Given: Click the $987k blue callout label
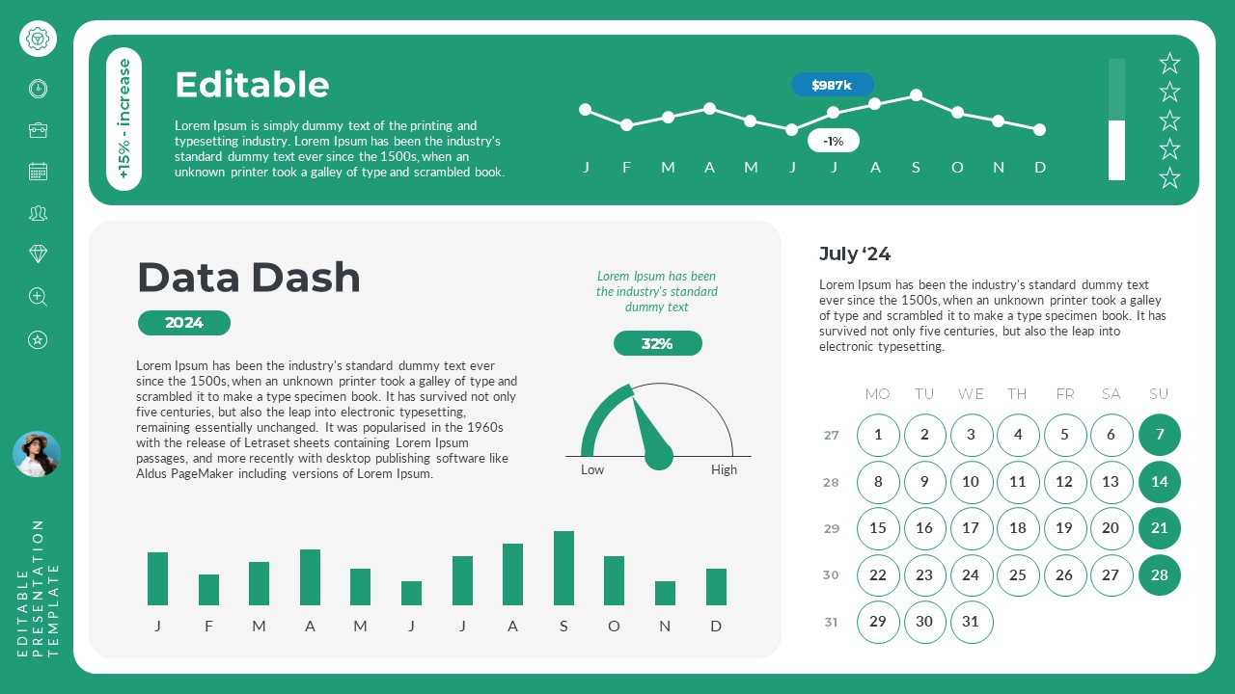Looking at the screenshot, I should (x=832, y=85).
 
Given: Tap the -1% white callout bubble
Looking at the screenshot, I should (x=833, y=141).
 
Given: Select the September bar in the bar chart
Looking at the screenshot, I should (x=563, y=568).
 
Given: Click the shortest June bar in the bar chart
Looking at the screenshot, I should (x=411, y=593).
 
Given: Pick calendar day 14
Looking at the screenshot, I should (x=1159, y=482).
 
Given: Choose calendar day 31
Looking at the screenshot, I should (x=971, y=622).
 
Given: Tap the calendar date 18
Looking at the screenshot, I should (x=1017, y=528).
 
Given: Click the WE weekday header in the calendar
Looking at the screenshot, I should (x=971, y=393).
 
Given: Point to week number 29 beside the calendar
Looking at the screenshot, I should (x=831, y=528).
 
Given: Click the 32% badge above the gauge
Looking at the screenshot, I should (x=657, y=343).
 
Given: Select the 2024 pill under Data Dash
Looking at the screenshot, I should (x=183, y=323).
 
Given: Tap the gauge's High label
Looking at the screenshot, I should (x=724, y=470).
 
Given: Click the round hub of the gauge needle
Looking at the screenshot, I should (x=658, y=456).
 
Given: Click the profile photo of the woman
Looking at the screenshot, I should (x=37, y=454).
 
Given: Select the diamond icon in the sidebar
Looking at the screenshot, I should (x=38, y=254).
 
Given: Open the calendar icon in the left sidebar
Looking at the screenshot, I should (x=38, y=172).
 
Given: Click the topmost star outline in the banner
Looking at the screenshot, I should (x=1169, y=64).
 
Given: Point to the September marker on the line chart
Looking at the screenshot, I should (x=916, y=94).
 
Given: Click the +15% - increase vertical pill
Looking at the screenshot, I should (x=123, y=119).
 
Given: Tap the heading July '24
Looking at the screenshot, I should (x=854, y=254).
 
